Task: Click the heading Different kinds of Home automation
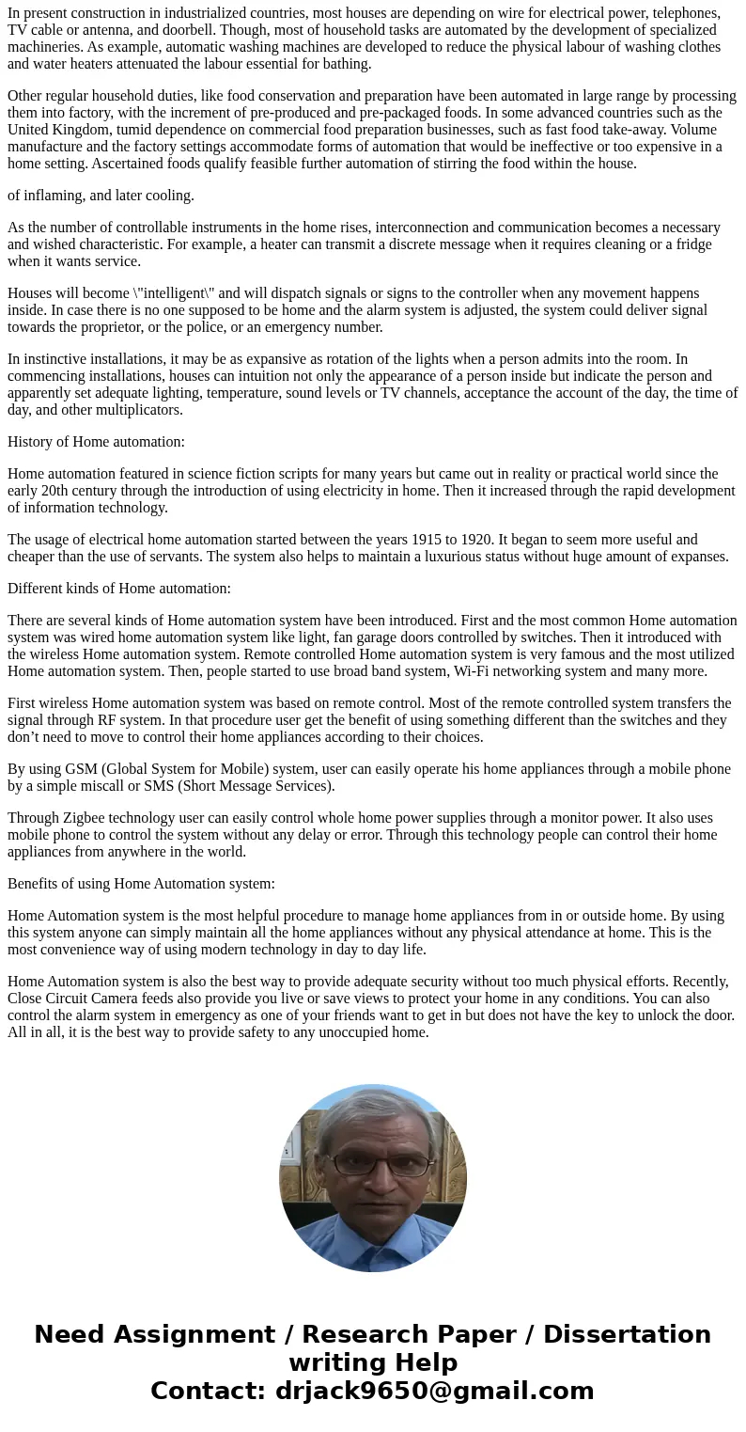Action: coord(118,589)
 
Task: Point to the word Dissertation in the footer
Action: coord(627,1335)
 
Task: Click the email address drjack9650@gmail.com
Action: coord(434,1392)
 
